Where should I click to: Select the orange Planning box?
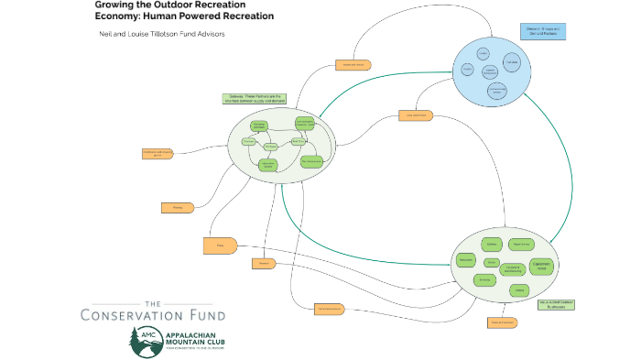point(178,208)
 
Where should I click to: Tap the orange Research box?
point(263,264)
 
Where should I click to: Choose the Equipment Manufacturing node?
point(514,270)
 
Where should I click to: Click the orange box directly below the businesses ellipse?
point(502,322)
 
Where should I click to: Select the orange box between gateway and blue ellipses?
point(413,115)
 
